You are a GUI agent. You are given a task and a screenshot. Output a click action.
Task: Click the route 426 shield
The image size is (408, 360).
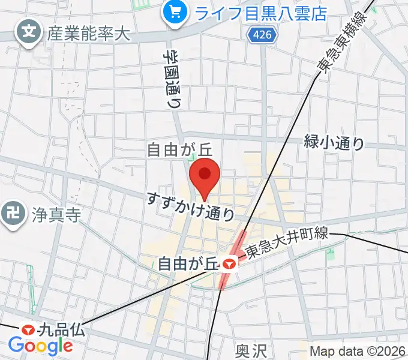click(262, 35)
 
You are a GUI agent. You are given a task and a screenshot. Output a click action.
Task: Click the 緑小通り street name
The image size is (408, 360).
click(334, 143)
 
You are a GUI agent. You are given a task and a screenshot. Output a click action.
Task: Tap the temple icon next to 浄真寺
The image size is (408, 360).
click(13, 211)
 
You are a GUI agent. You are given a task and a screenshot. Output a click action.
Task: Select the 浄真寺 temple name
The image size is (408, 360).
click(55, 214)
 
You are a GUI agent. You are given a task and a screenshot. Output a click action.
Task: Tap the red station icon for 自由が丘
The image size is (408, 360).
click(227, 263)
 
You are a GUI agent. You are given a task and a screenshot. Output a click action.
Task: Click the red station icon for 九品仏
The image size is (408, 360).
click(28, 329)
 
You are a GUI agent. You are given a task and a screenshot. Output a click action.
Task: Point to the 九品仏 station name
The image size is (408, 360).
click(62, 329)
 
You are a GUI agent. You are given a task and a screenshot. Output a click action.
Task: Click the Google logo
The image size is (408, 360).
click(40, 346)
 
